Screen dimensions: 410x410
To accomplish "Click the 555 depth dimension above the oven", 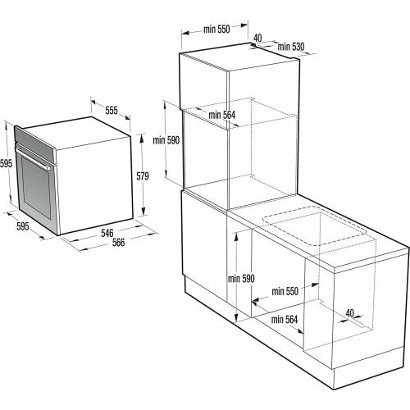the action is click(112, 111).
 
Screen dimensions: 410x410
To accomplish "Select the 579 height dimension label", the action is click(143, 176).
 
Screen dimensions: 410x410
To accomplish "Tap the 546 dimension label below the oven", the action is click(107, 233).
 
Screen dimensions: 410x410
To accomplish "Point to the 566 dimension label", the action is click(118, 242).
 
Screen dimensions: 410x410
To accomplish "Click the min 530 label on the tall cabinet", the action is click(291, 47).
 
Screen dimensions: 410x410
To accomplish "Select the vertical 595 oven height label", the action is click(6, 163).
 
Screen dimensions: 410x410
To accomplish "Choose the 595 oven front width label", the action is click(23, 226).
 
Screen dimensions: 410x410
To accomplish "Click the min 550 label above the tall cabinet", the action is click(216, 30).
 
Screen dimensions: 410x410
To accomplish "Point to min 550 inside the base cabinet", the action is click(285, 291).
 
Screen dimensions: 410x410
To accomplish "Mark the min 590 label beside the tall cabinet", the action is click(166, 140).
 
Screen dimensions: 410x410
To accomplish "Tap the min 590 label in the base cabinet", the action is click(241, 279).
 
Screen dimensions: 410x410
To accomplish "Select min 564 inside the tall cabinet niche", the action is click(221, 115).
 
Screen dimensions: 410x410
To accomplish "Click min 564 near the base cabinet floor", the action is click(285, 319).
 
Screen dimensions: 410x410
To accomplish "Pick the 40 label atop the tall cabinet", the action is click(257, 38).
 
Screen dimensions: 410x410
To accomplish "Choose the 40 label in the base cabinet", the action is click(349, 313).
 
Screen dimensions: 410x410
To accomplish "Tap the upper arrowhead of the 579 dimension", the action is click(141, 139).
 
